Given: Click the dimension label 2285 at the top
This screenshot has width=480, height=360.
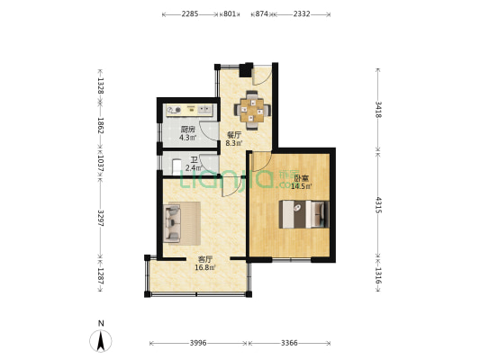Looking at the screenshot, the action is [190, 14].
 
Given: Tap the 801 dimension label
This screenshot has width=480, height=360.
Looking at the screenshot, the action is [230, 14].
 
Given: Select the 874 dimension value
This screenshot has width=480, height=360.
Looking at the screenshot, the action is [262, 14].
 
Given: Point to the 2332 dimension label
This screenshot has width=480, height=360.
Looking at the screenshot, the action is [302, 14].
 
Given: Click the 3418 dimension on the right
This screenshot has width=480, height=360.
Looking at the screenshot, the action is [378, 110].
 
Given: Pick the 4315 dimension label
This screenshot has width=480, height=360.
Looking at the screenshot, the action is [378, 205].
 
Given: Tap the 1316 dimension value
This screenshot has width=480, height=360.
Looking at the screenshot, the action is [378, 275].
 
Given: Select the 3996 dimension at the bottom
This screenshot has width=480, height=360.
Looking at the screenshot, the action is [198, 343].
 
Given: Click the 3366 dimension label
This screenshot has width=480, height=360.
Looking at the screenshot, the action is [289, 343].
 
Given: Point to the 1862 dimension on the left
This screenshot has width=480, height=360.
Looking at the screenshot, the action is [101, 125].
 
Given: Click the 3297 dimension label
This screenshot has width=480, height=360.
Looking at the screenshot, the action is [101, 218].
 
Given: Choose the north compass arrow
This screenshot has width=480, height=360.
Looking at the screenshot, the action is [101, 341].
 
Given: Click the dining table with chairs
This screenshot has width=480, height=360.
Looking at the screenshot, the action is [252, 110].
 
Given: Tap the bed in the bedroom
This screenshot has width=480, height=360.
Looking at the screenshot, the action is [304, 214].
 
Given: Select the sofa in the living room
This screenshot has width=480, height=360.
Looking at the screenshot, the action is [172, 222].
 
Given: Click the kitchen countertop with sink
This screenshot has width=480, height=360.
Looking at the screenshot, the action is [189, 110].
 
